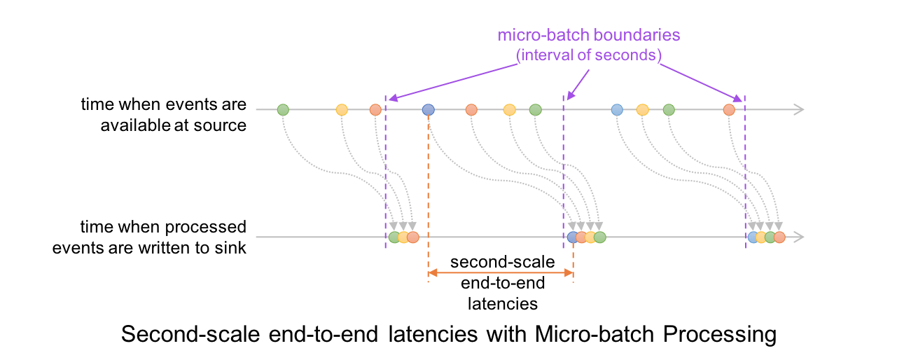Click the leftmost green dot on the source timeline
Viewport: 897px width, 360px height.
[283, 109]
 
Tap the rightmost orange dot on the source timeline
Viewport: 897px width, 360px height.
[729, 109]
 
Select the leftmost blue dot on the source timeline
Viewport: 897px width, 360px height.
[429, 109]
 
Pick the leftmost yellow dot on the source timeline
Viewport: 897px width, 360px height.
[342, 109]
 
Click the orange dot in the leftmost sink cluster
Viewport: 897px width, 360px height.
[413, 237]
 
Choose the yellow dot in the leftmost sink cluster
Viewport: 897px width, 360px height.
[403, 237]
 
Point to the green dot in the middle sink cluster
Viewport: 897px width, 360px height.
[600, 237]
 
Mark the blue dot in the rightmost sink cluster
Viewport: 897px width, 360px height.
[753, 237]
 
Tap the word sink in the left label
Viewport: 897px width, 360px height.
[233, 247]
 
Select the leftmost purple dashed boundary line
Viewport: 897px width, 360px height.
[385, 168]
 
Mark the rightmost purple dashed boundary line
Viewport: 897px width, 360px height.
[744, 168]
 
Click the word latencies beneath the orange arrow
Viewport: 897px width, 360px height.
[503, 303]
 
